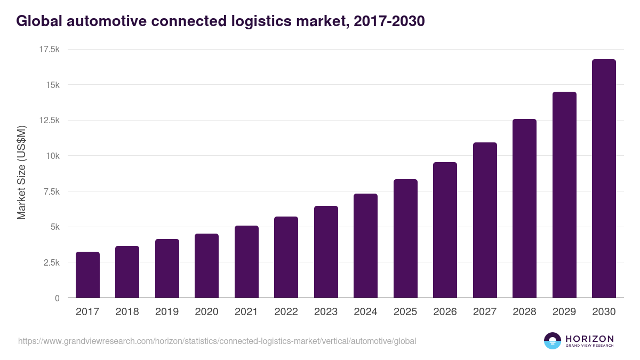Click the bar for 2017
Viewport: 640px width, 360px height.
coord(87,275)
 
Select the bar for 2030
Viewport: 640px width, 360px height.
coord(604,179)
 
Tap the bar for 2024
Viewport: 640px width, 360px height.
coord(365,246)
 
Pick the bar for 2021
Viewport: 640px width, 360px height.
coord(246,262)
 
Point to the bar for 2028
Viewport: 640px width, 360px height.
coord(524,209)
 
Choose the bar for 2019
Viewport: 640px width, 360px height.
coord(167,268)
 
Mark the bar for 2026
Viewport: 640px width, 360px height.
coord(445,230)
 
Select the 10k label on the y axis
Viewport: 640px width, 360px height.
coord(52,156)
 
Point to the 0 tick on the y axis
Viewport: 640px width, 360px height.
coord(57,298)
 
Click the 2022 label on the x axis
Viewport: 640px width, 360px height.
coord(286,312)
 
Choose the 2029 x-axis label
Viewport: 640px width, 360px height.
coord(564,312)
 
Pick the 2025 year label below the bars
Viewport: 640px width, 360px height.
coord(405,312)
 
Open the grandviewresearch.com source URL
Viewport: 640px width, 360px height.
coord(217,341)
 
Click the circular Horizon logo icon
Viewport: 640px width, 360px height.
coord(553,341)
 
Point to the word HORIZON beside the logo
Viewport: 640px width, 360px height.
coord(589,338)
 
